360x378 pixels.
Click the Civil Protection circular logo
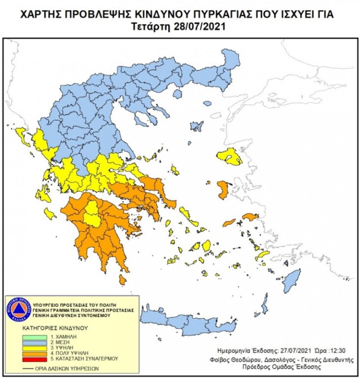tap(18, 308)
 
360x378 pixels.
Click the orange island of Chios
tap(222, 190)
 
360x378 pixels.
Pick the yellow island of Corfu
tap(23, 135)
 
